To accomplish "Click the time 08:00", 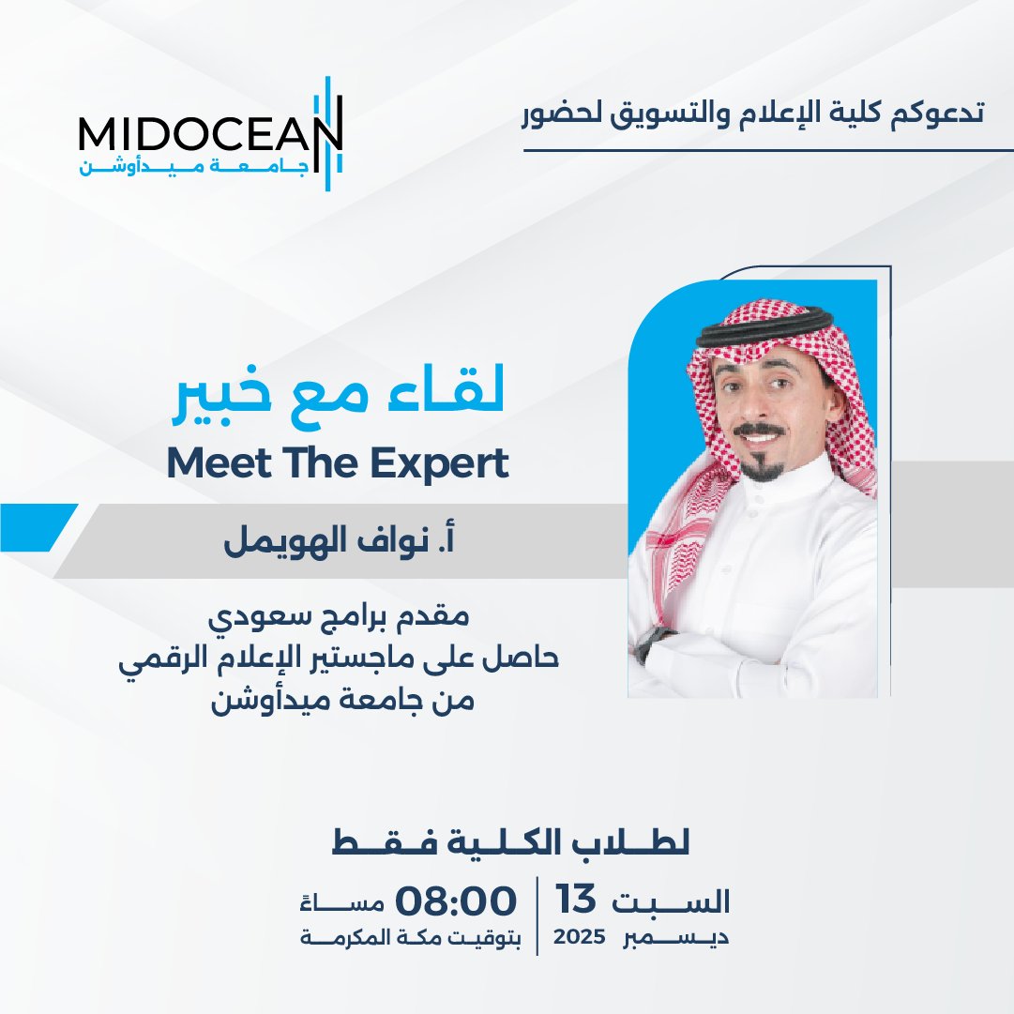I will click(x=456, y=901).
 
